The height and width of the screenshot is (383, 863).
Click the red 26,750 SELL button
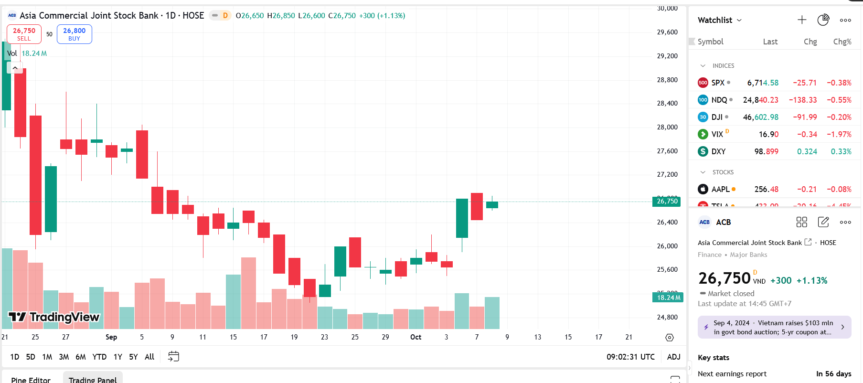24,34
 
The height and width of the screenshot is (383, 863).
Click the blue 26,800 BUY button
74,34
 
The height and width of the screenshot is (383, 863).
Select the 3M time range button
64,357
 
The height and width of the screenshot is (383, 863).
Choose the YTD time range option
99,357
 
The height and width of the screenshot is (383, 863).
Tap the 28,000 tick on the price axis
667,127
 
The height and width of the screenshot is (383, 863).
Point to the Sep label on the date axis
111,337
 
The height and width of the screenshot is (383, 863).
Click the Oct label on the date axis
416,337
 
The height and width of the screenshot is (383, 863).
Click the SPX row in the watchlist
774,83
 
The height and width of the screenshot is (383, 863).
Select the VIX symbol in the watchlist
717,134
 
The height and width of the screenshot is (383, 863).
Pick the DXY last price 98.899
766,151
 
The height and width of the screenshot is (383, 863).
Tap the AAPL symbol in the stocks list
720,189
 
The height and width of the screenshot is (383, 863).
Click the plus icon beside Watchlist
802,20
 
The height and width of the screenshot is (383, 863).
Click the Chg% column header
842,42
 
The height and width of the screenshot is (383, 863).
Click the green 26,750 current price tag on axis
667,201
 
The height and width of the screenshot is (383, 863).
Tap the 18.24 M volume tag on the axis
668,298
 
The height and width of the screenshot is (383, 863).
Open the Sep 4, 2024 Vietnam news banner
774,327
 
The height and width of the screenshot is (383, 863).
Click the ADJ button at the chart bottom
673,357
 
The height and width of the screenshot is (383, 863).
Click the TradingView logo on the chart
54,317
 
